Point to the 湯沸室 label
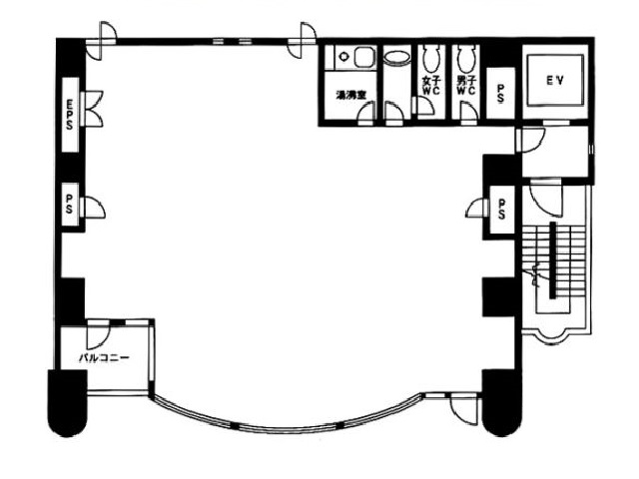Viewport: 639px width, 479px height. (x=349, y=96)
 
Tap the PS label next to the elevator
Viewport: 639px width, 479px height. (x=500, y=93)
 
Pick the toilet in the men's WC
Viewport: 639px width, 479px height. (x=463, y=54)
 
